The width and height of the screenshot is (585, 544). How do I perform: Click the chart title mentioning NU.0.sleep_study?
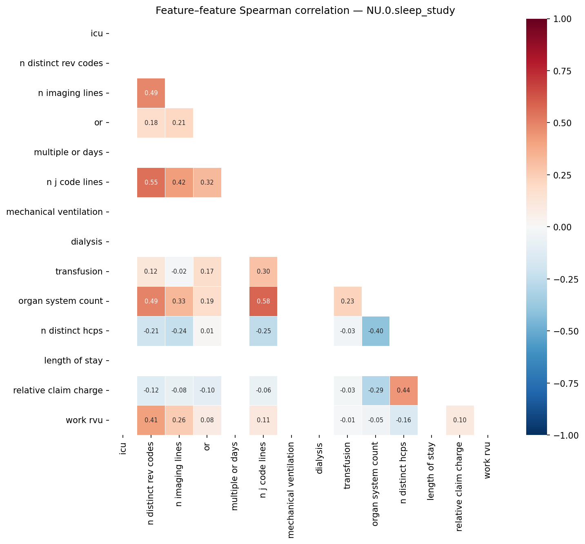click(305, 11)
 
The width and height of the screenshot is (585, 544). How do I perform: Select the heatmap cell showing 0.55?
click(151, 183)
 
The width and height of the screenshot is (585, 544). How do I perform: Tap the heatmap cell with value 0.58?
click(263, 301)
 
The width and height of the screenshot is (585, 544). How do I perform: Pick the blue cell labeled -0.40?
click(376, 331)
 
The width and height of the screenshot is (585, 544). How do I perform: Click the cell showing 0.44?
click(403, 390)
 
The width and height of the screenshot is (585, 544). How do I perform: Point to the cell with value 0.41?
click(151, 420)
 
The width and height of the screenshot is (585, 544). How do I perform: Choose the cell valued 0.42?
click(179, 183)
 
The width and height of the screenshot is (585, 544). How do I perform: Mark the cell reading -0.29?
click(376, 390)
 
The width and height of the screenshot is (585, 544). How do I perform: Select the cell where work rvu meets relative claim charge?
click(460, 420)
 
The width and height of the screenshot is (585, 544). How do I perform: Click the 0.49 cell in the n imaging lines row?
click(151, 93)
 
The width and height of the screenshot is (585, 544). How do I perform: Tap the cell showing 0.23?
click(347, 301)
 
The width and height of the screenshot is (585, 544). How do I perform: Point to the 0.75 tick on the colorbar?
click(565, 71)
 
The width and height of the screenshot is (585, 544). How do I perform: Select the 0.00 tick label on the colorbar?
click(565, 227)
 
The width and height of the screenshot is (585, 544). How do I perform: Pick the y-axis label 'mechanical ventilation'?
click(54, 212)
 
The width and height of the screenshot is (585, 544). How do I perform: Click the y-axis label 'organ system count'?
click(60, 301)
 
